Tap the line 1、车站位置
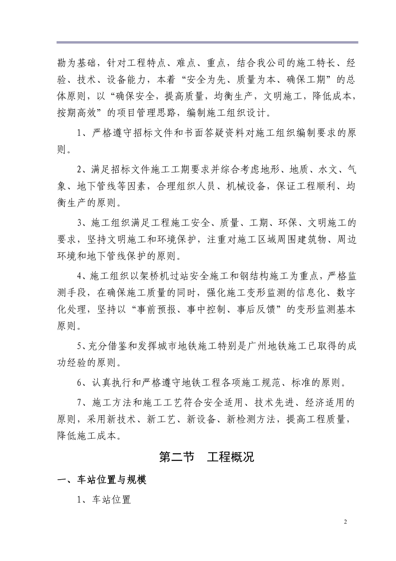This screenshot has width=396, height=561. [x=104, y=499]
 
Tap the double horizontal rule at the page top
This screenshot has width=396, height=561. [x=207, y=42]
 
